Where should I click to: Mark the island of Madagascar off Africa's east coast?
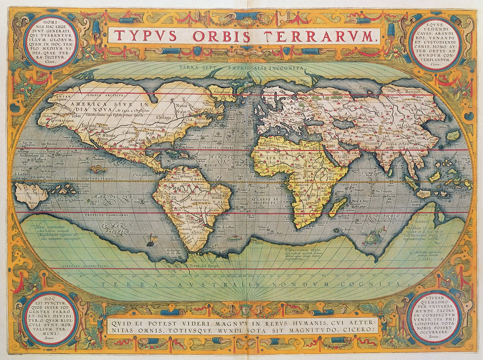pos(338,206)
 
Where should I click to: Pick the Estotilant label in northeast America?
pos(221,92)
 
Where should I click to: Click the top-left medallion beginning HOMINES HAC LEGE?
pos(51,42)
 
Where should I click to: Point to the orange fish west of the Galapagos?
pos(97,169)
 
